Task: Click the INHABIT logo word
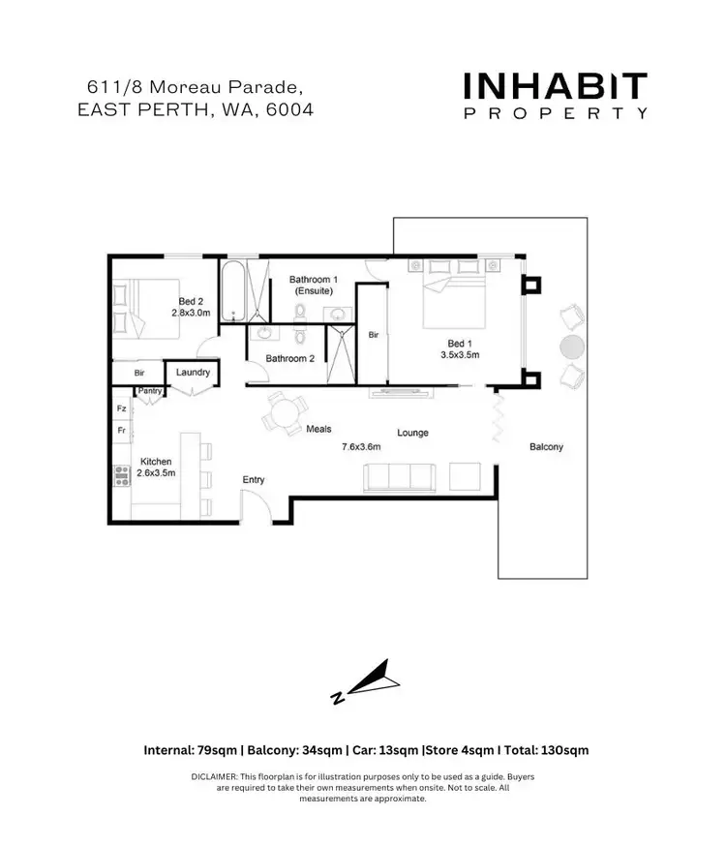pos(555,87)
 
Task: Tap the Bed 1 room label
pos(460,343)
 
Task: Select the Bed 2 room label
pos(191,301)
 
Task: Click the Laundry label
pos(194,372)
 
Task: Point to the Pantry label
pos(149,391)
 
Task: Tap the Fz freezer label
pos(121,408)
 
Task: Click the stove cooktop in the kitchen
pos(123,475)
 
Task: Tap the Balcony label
pos(546,447)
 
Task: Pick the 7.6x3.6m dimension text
pos(360,447)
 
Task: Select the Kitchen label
pos(156,462)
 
